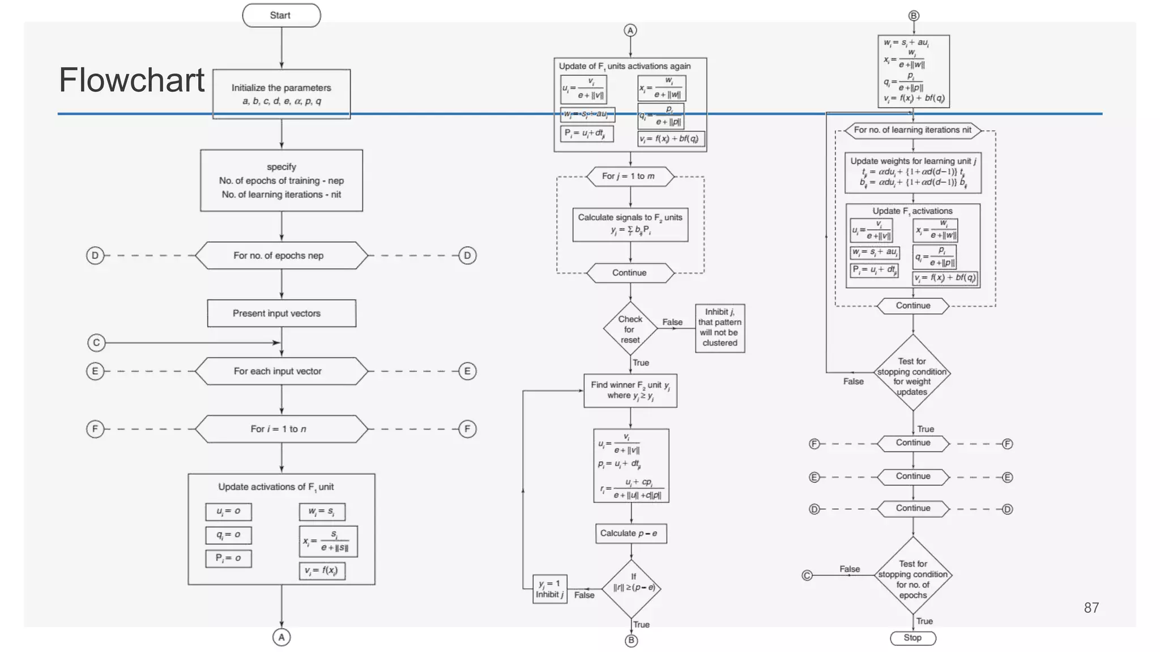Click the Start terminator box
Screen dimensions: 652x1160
pyautogui.click(x=281, y=15)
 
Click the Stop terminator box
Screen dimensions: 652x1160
pyautogui.click(x=912, y=638)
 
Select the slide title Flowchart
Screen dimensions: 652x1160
pyautogui.click(x=131, y=80)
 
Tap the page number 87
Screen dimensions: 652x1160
pyautogui.click(x=1091, y=608)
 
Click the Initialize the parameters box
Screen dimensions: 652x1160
pyautogui.click(x=281, y=94)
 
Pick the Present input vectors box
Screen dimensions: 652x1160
pyautogui.click(x=281, y=313)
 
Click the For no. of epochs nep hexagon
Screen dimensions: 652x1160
pyautogui.click(x=281, y=255)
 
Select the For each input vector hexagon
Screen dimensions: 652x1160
pyautogui.click(x=281, y=371)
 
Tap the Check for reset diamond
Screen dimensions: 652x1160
pyautogui.click(x=630, y=329)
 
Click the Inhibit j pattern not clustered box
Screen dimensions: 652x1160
pyautogui.click(x=719, y=328)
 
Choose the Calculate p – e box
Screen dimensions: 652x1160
pyautogui.click(x=630, y=533)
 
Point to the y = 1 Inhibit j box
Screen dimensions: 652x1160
pyautogui.click(x=549, y=589)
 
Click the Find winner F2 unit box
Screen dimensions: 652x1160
pyautogui.click(x=630, y=390)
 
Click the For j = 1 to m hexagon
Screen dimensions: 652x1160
pyautogui.click(x=630, y=176)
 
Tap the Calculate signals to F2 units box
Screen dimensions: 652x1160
pyautogui.click(x=630, y=224)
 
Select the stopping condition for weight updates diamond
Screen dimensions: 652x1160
pyautogui.click(x=912, y=374)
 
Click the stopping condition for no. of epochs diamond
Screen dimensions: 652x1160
pyautogui.click(x=912, y=576)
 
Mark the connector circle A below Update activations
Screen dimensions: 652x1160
pyautogui.click(x=281, y=637)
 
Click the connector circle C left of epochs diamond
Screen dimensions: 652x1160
pyautogui.click(x=807, y=576)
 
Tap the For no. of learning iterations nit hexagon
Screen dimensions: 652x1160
pyautogui.click(x=912, y=130)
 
